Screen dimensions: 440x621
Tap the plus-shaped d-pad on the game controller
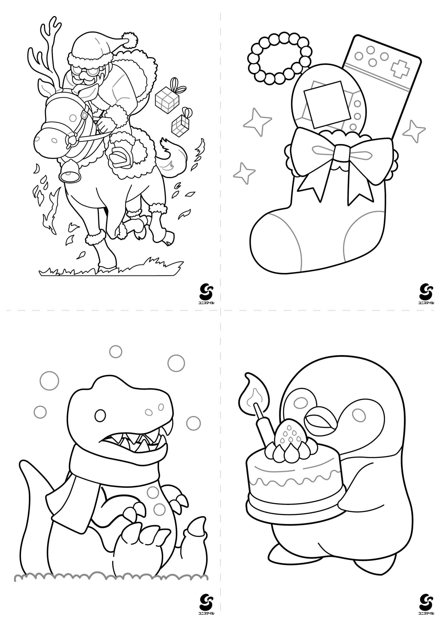[x=400, y=69]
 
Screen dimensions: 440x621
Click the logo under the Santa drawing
[x=207, y=294]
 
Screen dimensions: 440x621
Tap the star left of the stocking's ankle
[x=245, y=173]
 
